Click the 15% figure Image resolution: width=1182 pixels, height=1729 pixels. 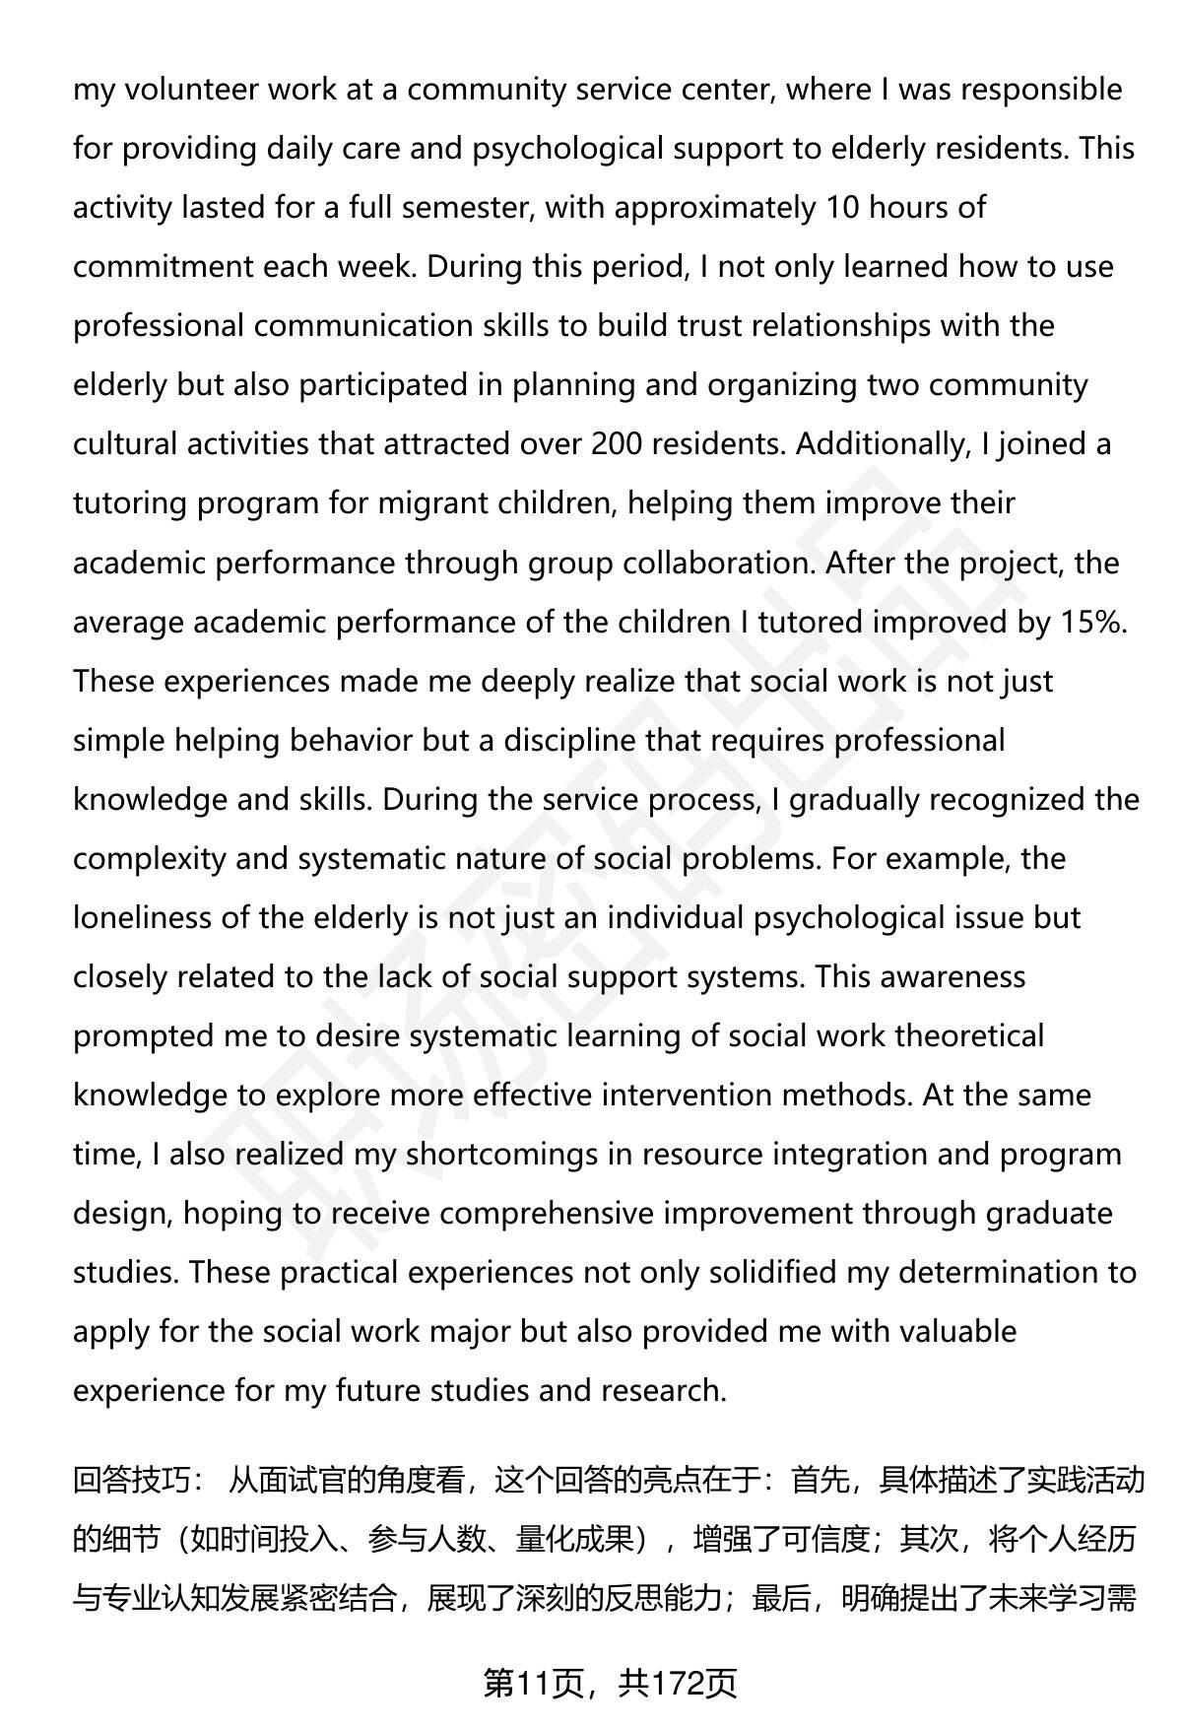(1092, 622)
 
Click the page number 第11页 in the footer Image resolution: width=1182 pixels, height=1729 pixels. (536, 1684)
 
